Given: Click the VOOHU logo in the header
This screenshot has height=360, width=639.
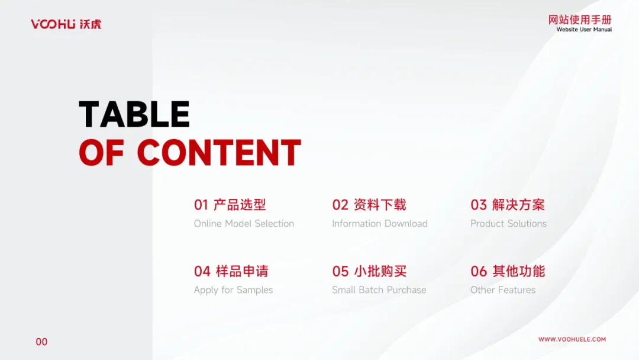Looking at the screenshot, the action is click(x=66, y=24).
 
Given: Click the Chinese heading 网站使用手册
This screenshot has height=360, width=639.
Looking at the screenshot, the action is click(x=580, y=20).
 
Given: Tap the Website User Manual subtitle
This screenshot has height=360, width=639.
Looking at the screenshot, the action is click(x=584, y=30).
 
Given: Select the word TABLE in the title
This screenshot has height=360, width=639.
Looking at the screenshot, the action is click(x=134, y=114).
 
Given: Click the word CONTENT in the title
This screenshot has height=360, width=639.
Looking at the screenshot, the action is click(x=219, y=153).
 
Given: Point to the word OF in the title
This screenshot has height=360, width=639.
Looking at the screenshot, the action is click(x=102, y=153).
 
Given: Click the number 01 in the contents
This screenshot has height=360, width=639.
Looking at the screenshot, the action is click(x=201, y=205).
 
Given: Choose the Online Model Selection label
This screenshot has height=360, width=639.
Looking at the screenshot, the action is click(x=244, y=223).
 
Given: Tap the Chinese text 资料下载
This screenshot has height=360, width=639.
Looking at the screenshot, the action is click(x=380, y=205).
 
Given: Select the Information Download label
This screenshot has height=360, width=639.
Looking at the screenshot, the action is click(x=380, y=223).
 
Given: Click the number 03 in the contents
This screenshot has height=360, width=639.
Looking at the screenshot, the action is click(x=479, y=205).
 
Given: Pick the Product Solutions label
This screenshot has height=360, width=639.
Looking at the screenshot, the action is click(x=508, y=223).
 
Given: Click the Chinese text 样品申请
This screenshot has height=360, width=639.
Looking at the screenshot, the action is click(x=242, y=271).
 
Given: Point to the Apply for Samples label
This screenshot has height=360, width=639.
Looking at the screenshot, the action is click(x=234, y=290).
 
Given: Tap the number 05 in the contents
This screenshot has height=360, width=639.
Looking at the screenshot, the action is click(x=340, y=271).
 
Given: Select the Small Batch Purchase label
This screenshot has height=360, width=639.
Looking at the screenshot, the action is click(x=379, y=290).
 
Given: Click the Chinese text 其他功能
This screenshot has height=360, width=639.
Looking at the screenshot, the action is click(x=518, y=271).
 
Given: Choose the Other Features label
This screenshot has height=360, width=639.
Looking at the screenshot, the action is click(x=503, y=290).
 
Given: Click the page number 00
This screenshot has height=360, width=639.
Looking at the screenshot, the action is click(x=41, y=342).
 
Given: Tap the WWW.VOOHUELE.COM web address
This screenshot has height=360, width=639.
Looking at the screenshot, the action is click(x=572, y=339).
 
